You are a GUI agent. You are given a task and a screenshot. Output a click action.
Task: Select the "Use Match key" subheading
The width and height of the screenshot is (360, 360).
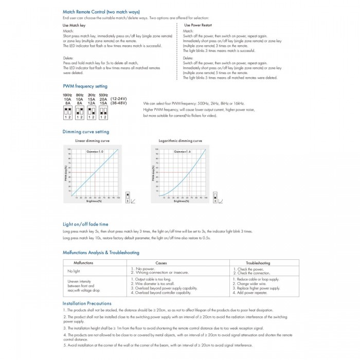point(74,25)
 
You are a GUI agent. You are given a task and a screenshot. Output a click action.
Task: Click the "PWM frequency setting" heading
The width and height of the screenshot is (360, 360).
point(85,86)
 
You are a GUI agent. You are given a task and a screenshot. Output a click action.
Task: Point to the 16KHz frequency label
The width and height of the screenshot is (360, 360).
point(67,95)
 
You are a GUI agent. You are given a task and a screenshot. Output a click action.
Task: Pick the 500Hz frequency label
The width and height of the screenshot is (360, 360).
point(103,95)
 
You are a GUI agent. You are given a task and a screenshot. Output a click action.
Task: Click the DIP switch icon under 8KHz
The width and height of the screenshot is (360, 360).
point(79,113)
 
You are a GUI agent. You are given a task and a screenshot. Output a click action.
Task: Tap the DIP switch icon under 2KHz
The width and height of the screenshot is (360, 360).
point(91,113)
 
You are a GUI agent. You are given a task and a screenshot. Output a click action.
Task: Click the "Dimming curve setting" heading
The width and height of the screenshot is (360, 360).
point(86,132)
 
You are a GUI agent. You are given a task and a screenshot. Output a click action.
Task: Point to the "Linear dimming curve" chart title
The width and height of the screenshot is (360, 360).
point(93,140)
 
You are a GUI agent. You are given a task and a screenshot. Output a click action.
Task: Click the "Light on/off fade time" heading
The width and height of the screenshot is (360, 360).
point(85,224)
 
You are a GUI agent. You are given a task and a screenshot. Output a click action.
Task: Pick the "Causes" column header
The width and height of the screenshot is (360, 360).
point(161,263)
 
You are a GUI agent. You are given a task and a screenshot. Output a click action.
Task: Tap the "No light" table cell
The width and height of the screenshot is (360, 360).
point(74,271)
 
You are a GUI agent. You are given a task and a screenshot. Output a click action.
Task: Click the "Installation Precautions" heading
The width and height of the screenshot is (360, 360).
point(87,303)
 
